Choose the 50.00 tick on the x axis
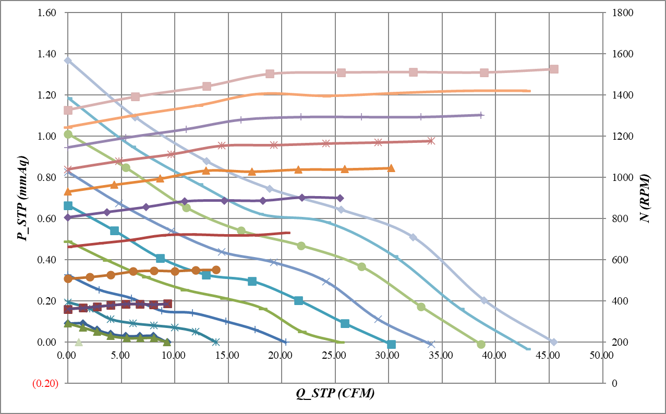pos(601,355)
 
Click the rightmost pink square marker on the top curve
pos(554,69)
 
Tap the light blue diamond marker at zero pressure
pos(553,342)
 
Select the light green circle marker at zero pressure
pos(481,344)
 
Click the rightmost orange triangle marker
pos(391,168)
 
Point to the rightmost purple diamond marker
pos(340,198)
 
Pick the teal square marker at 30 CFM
pos(392,344)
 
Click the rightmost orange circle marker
pos(216,270)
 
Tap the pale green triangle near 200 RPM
pos(79,343)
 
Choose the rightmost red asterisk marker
pos(431,141)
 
